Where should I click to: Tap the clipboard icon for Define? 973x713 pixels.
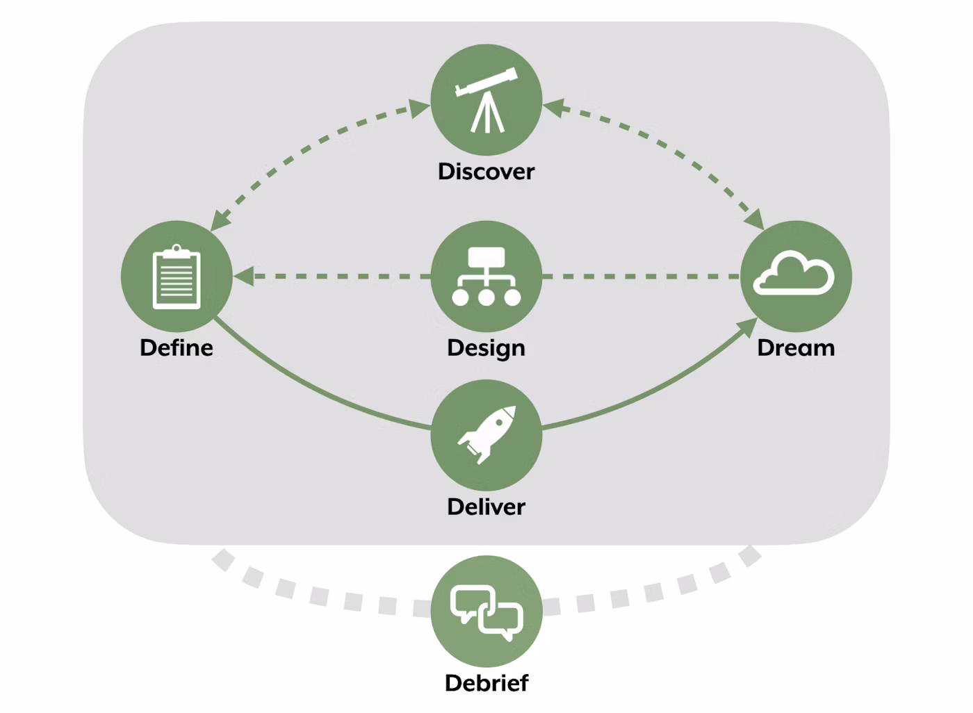coord(177,277)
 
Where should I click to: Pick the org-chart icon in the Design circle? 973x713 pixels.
coord(486,277)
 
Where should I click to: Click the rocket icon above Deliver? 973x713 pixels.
coord(486,434)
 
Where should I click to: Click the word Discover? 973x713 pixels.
coord(486,172)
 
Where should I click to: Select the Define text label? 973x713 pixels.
coord(177,347)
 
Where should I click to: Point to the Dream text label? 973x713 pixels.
coord(796,347)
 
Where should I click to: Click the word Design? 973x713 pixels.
coord(486,348)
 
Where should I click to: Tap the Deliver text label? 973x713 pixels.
coord(486,507)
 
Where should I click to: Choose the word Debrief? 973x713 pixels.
coord(486,683)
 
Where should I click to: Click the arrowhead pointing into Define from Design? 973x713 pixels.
coord(243,277)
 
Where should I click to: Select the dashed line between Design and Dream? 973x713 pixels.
coord(639,277)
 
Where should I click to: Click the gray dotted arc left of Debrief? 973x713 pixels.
coord(313,595)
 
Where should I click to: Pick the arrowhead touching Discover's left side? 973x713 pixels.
coord(420,108)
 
